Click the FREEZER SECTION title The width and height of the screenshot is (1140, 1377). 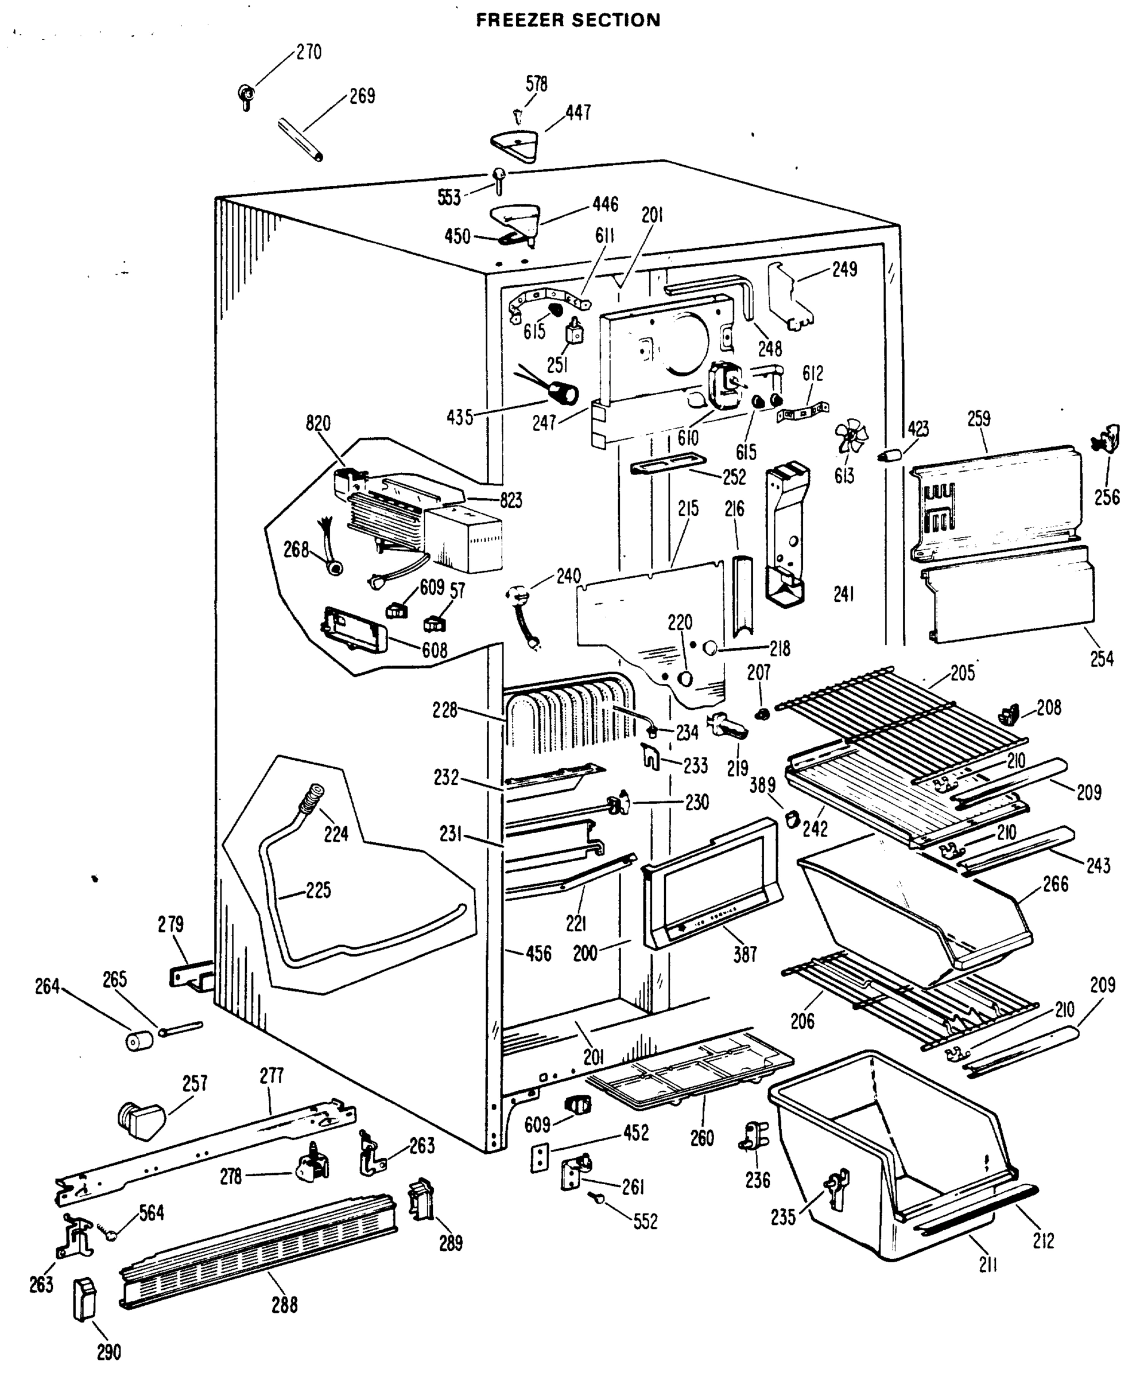(x=568, y=20)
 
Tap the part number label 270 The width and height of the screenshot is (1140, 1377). (x=308, y=52)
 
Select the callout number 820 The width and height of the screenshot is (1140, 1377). (x=318, y=423)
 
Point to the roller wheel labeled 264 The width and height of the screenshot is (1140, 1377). (x=139, y=1040)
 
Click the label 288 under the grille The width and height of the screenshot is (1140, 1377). (x=285, y=1305)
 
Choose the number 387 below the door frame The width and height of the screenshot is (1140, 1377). (x=745, y=955)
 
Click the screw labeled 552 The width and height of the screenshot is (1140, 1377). (x=598, y=1197)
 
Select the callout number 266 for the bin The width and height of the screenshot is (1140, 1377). (x=1056, y=885)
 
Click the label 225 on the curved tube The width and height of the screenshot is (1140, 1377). (x=318, y=890)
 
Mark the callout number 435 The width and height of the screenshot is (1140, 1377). (x=460, y=417)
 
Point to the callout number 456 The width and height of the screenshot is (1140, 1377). (x=538, y=954)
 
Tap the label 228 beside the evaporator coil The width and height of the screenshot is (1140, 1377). (x=445, y=710)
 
